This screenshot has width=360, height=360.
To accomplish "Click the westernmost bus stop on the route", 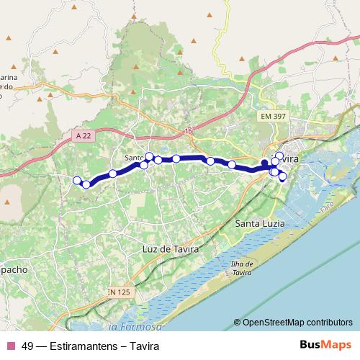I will click(x=77, y=180).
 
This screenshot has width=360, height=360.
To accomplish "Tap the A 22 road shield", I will click(x=82, y=135).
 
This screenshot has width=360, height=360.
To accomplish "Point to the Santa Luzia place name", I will click(x=261, y=224).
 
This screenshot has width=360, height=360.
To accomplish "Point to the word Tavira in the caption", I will click(x=139, y=345).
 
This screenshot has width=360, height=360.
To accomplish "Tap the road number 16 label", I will click(x=189, y=131).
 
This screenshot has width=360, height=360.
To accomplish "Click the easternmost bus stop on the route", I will click(x=282, y=176).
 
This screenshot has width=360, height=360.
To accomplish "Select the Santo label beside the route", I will click(x=134, y=158).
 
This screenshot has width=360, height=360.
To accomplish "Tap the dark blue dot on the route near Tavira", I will click(x=264, y=163).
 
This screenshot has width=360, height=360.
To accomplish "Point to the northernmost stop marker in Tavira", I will click(x=279, y=156).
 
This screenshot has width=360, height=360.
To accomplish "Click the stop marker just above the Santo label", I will click(x=149, y=156).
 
